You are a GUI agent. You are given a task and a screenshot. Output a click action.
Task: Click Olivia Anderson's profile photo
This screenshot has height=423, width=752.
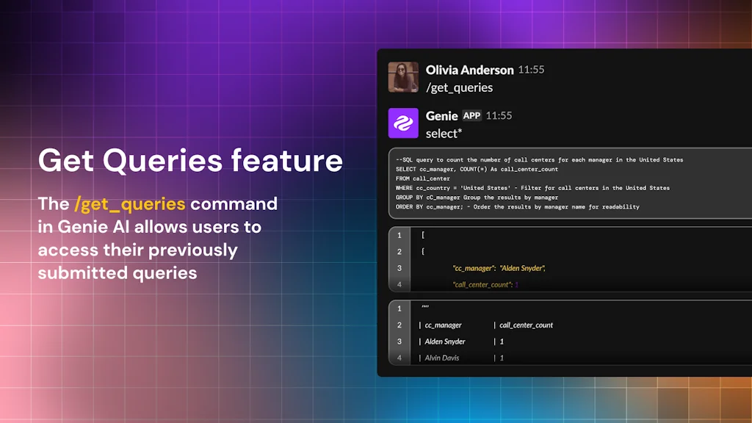click(x=403, y=77)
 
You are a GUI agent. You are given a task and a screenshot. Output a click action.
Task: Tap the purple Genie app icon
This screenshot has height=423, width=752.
click(x=403, y=123)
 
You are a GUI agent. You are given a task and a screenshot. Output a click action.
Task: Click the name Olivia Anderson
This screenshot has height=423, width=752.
click(x=469, y=70)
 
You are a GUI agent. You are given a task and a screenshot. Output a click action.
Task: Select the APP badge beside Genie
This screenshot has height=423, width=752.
click(x=471, y=115)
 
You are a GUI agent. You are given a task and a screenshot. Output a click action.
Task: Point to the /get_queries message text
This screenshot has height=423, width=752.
click(x=459, y=87)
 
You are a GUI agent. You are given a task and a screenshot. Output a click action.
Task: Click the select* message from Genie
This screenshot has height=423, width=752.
click(x=444, y=133)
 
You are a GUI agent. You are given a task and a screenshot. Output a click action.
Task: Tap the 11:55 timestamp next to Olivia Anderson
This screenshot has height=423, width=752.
click(x=531, y=70)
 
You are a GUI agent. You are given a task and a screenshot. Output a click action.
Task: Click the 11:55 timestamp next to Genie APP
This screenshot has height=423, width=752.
click(x=499, y=115)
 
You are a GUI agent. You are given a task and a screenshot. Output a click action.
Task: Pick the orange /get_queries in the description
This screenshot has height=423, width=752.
click(x=129, y=203)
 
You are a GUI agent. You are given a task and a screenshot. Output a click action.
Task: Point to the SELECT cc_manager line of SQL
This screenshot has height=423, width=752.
click(x=477, y=169)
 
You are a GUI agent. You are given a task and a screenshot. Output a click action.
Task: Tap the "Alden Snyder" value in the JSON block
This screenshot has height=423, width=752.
click(x=522, y=268)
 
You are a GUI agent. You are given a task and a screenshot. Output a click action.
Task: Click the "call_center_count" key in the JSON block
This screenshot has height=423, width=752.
click(x=480, y=284)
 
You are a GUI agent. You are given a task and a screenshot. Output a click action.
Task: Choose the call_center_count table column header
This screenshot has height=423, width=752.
click(x=526, y=325)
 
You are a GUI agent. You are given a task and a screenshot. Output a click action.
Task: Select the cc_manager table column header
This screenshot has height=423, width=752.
click(x=443, y=325)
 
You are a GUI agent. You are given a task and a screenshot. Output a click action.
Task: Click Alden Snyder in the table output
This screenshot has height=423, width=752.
click(x=445, y=341)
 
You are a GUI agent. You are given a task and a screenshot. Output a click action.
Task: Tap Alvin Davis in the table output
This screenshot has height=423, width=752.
click(x=442, y=358)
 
